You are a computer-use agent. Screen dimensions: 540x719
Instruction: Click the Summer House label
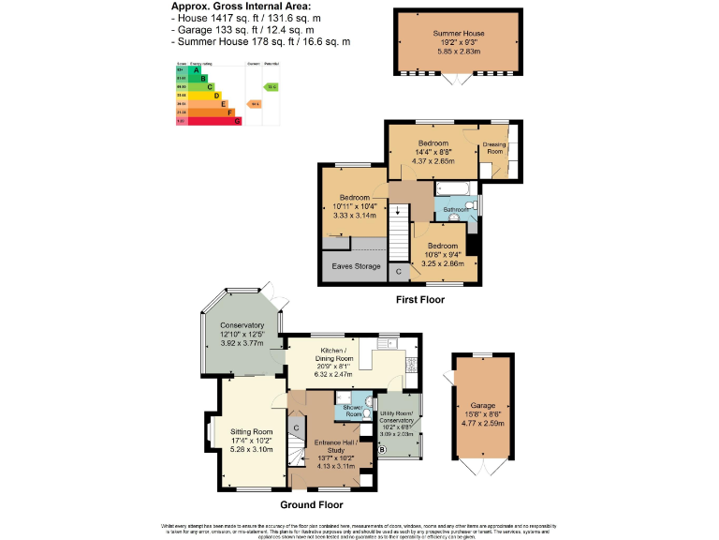[460, 33]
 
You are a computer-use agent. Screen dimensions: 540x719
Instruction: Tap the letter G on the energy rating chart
[237, 121]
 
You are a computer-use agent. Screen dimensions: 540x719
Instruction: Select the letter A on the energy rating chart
[196, 69]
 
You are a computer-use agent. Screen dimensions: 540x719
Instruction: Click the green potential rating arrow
[271, 86]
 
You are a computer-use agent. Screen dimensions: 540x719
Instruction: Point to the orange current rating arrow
[253, 103]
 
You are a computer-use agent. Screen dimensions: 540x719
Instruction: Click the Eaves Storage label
[354, 267]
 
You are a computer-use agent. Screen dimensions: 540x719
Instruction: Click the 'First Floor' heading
[418, 300]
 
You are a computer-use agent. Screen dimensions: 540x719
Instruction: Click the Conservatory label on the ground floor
[242, 325]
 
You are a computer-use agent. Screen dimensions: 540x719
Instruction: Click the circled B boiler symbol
[381, 449]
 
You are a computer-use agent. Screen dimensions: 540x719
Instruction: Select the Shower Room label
[353, 410]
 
